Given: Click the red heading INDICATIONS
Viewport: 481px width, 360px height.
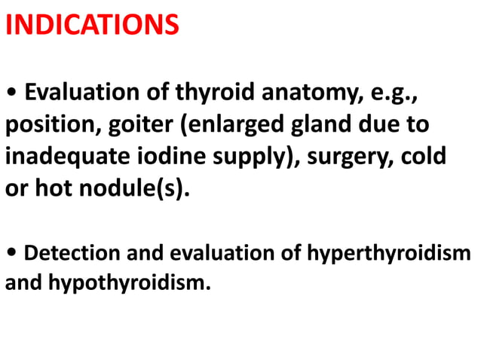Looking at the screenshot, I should pos(92,25).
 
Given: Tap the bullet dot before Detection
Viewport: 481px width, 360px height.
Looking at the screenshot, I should pos(11,253).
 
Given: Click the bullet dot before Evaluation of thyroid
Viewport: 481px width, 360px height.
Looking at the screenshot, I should pos(11,94).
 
